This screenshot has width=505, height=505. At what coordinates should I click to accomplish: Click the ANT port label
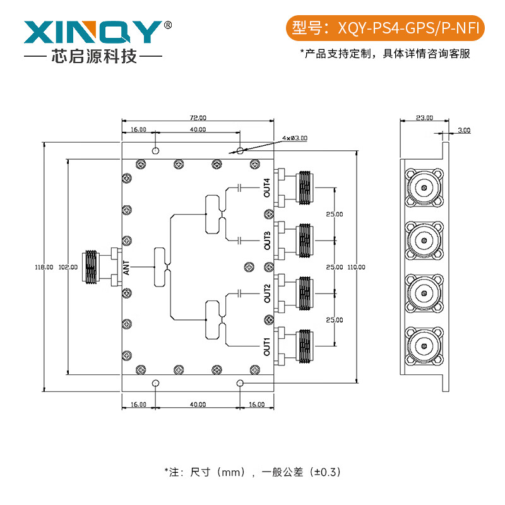click(127, 268)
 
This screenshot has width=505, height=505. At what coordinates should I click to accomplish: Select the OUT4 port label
click(267, 188)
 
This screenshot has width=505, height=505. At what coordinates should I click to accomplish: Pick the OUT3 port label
click(267, 241)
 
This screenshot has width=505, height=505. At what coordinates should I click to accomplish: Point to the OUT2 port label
click(267, 293)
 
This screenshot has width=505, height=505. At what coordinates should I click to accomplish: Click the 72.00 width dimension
click(198, 117)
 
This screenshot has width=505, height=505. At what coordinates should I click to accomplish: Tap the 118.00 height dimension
click(44, 267)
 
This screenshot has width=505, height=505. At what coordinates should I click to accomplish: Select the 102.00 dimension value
click(68, 267)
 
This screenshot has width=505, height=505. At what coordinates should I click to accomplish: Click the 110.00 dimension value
click(356, 267)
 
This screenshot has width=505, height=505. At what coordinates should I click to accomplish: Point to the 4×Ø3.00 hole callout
click(295, 138)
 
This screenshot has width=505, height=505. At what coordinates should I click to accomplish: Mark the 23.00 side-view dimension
click(424, 117)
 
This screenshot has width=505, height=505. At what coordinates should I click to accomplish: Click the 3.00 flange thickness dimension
click(463, 130)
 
